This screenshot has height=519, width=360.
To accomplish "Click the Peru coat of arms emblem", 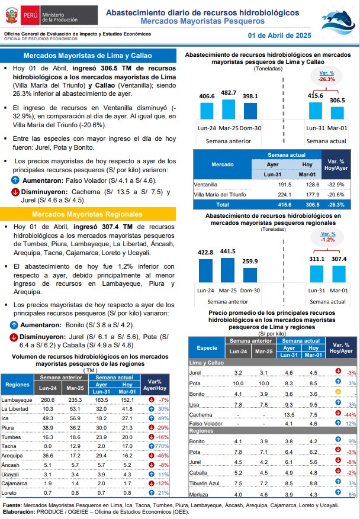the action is (12, 15).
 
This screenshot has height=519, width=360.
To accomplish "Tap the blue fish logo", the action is (338, 22).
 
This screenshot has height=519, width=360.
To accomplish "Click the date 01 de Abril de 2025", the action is (279, 36).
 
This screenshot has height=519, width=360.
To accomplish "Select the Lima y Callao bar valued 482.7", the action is (228, 109).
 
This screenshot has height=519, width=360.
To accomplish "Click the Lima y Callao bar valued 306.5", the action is (337, 113).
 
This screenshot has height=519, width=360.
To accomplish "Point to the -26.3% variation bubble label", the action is (327, 79).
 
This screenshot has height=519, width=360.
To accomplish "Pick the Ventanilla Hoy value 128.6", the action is (313, 185).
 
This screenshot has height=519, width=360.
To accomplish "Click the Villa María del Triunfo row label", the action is (220, 195).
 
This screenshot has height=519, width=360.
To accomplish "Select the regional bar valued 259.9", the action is (250, 275).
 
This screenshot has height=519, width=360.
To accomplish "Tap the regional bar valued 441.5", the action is (227, 270).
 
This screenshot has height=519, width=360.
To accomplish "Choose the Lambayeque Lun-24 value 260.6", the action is (48, 400).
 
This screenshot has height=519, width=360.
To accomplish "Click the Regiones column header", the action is (17, 385).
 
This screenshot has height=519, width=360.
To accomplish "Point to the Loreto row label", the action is (9, 493).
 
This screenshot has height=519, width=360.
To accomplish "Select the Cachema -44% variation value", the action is (351, 415).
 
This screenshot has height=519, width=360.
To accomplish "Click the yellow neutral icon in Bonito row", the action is (338, 392).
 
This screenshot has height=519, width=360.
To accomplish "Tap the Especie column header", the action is (207, 348).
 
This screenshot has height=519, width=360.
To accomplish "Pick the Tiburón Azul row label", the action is (204, 483).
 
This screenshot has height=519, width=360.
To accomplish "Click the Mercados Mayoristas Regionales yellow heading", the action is (88, 214).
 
